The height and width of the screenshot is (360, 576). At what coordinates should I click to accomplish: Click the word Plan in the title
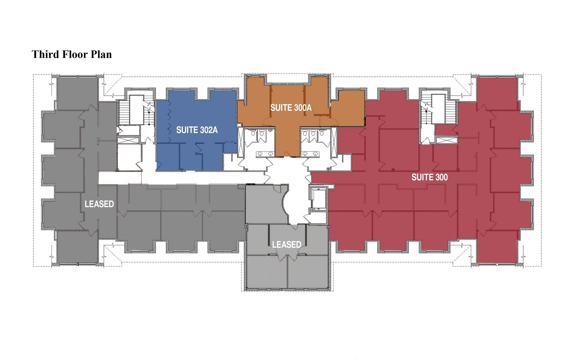click(101, 54)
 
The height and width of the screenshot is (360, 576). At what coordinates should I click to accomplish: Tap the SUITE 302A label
click(197, 130)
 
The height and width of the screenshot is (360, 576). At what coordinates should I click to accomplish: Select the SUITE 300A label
click(291, 108)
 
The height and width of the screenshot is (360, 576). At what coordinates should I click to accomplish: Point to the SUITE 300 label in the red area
click(429, 177)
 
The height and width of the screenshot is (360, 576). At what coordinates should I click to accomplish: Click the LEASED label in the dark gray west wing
click(99, 204)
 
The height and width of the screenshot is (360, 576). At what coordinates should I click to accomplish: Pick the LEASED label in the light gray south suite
click(287, 244)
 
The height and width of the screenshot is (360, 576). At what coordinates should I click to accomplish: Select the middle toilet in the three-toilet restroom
click(313, 133)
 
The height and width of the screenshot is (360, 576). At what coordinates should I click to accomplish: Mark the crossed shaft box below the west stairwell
click(125, 140)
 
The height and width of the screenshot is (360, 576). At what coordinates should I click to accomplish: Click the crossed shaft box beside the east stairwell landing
click(446, 140)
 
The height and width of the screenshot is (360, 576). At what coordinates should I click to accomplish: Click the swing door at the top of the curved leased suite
click(277, 188)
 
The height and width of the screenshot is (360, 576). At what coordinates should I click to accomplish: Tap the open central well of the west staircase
click(137, 110)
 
